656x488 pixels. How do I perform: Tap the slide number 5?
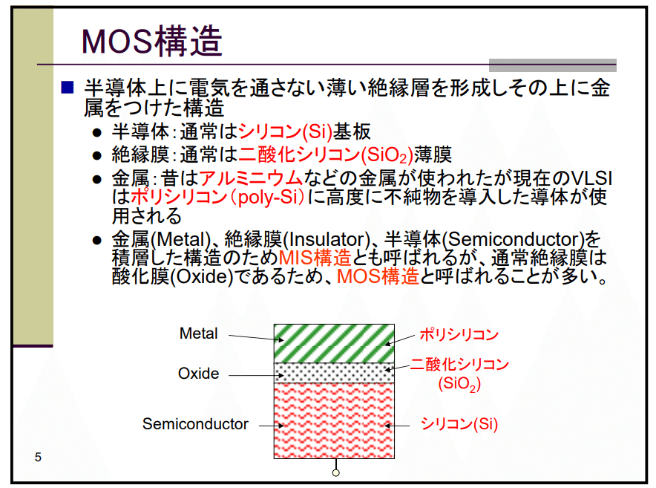pos(38,457)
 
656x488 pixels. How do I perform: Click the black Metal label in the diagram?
pos(199,334)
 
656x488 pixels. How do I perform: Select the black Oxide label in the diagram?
pos(199,373)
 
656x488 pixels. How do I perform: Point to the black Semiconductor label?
pos(195,424)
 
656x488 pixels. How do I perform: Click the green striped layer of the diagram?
pos(334,343)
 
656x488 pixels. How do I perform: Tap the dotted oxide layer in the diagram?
pos(334,372)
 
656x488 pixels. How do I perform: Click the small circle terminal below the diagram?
pos(336,472)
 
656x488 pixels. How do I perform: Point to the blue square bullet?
pos(68,87)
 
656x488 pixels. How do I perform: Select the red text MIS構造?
pos(315,258)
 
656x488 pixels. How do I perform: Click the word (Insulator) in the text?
pos(326,239)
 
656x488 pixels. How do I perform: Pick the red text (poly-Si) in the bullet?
pos(265,198)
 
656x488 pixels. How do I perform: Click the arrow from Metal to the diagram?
pos(250,337)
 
